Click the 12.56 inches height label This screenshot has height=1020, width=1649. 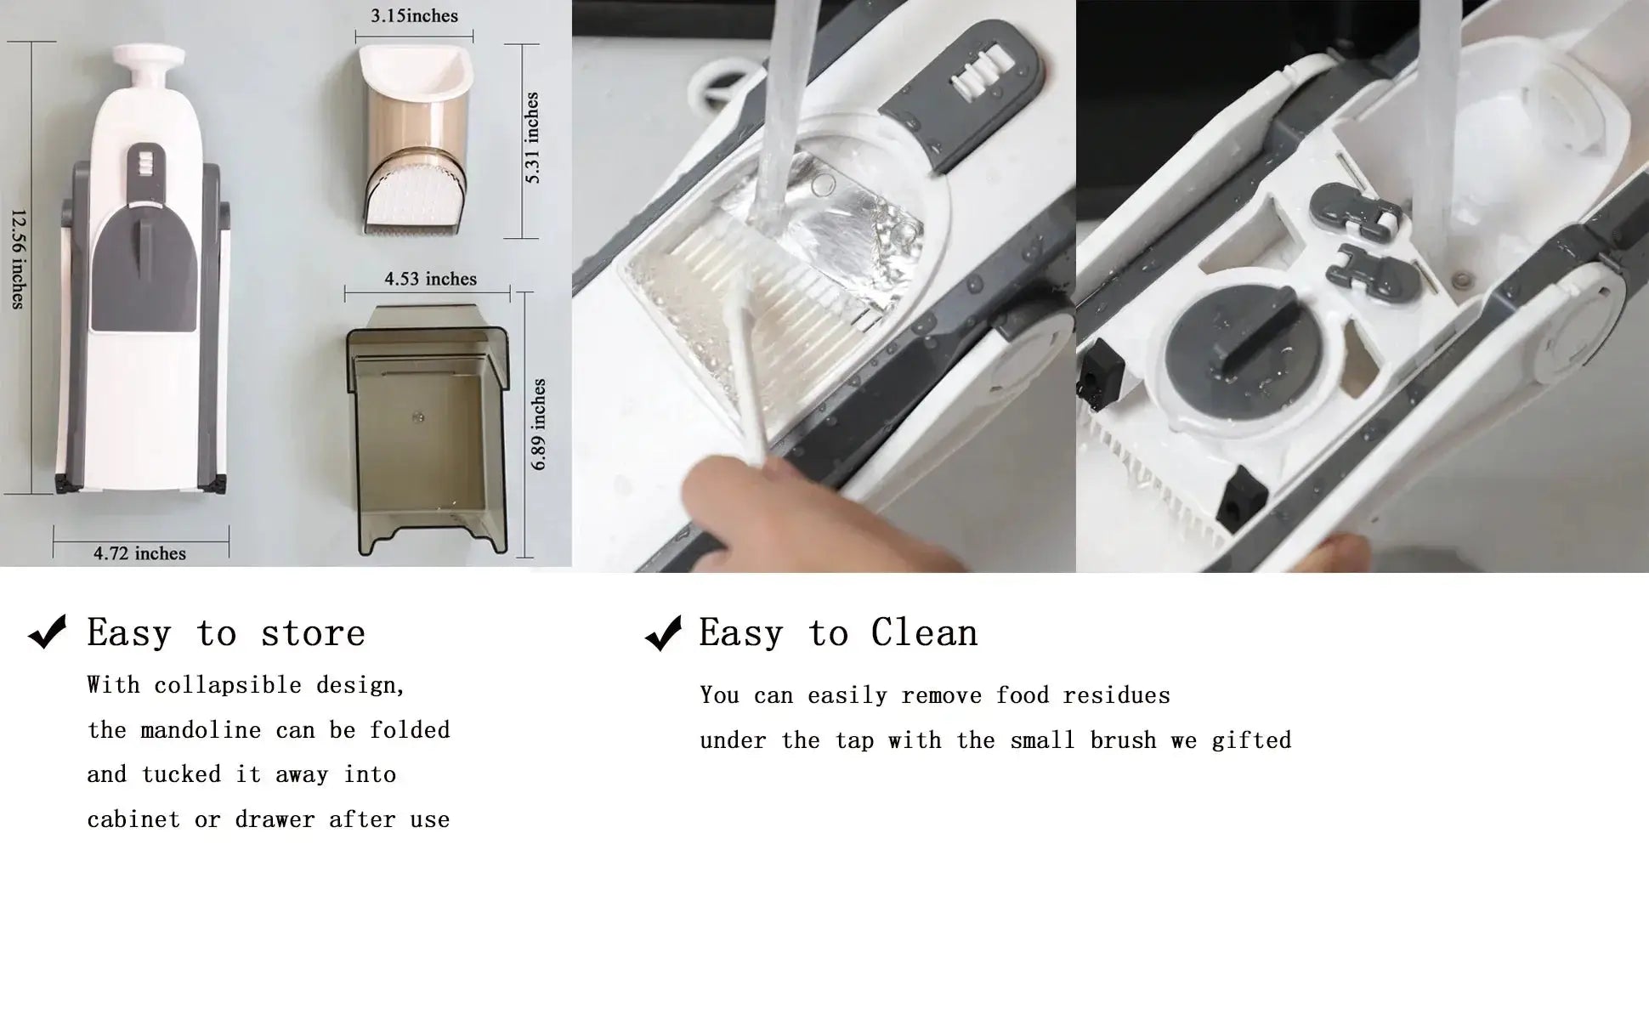tap(17, 258)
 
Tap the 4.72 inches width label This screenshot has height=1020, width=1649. tap(140, 553)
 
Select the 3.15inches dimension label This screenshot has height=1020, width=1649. tap(414, 16)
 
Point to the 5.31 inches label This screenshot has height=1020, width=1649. tap(532, 139)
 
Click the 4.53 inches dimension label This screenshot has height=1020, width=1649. tap(430, 279)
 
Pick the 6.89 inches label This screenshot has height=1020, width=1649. tap(539, 424)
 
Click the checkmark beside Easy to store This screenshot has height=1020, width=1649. tap(48, 632)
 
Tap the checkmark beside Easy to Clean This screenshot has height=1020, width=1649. tap(664, 632)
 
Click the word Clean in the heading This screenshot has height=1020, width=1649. tap(924, 632)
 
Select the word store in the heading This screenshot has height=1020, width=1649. tap(313, 633)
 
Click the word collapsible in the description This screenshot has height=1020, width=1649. tap(228, 686)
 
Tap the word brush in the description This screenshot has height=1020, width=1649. tap(1123, 740)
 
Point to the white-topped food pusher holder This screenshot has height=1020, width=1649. tap(415, 139)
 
